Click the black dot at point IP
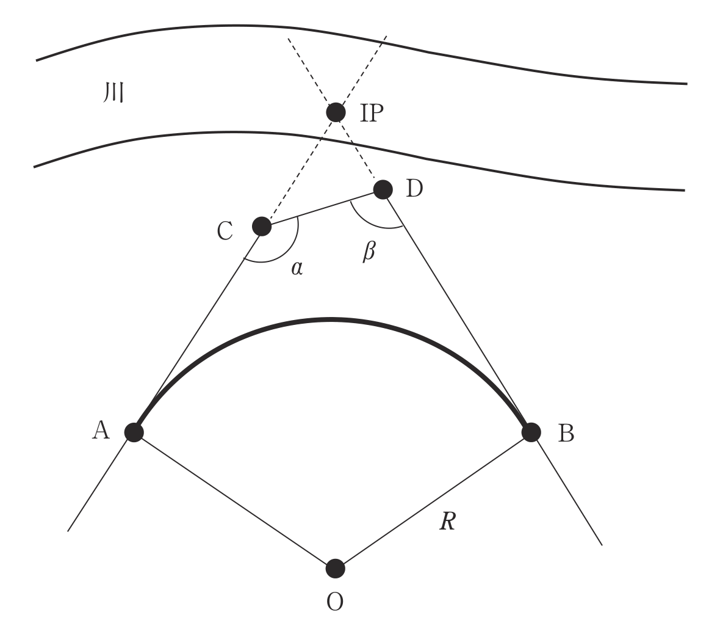[336, 112]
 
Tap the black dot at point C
[262, 226]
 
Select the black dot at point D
[383, 189]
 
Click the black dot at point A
[134, 432]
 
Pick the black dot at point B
[531, 432]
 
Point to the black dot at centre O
[335, 569]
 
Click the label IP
[372, 113]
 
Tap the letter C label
[225, 231]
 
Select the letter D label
[414, 189]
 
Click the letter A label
[101, 431]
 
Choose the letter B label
[566, 433]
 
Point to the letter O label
[335, 602]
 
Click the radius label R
[447, 522]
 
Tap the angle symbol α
[297, 268]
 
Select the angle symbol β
[369, 252]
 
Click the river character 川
[113, 92]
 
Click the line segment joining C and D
[322, 208]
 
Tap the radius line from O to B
[433, 500]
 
